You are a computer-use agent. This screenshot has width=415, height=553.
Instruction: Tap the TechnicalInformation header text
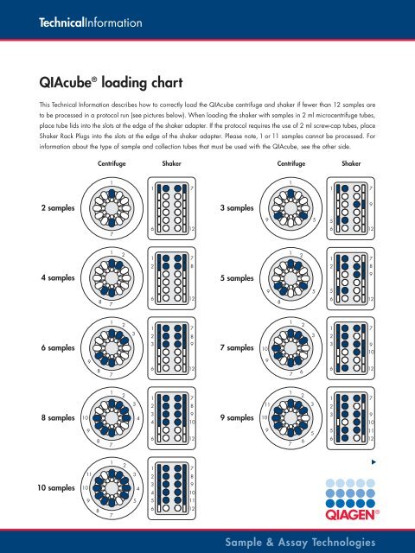pos(80,20)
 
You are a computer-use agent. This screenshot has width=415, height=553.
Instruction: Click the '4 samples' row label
pos(50,278)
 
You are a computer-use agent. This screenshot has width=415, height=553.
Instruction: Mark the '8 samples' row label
pos(50,416)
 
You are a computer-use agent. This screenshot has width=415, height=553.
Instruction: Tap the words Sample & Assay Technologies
pos(298,542)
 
